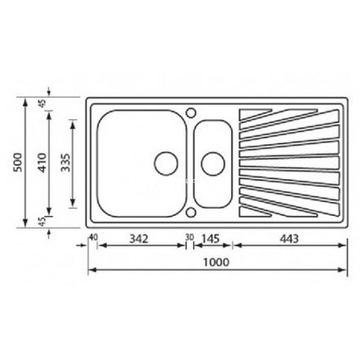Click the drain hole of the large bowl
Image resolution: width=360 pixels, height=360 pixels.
tap(164, 162)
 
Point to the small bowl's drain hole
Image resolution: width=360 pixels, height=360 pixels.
tap(212, 162)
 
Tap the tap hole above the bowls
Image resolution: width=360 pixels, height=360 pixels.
tap(189, 112)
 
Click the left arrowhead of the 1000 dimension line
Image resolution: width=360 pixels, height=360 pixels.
tap(91, 270)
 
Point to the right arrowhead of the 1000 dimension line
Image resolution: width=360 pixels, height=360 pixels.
tap(342, 270)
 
